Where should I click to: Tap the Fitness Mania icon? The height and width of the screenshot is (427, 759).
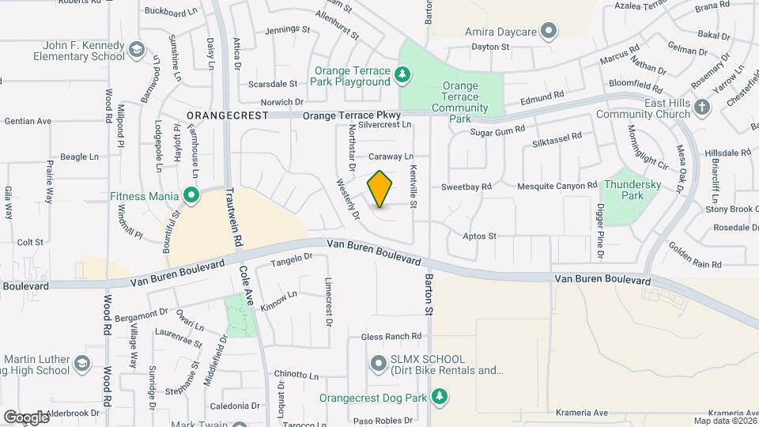[191, 194]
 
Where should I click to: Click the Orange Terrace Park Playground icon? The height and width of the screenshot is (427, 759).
[404, 74]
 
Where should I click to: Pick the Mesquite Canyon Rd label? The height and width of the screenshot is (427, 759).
[557, 186]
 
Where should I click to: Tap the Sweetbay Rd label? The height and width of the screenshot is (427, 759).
[466, 187]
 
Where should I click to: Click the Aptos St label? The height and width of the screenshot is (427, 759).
[479, 236]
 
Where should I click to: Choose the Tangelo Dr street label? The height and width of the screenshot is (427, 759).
[293, 259]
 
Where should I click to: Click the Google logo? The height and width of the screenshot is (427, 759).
[26, 418]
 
